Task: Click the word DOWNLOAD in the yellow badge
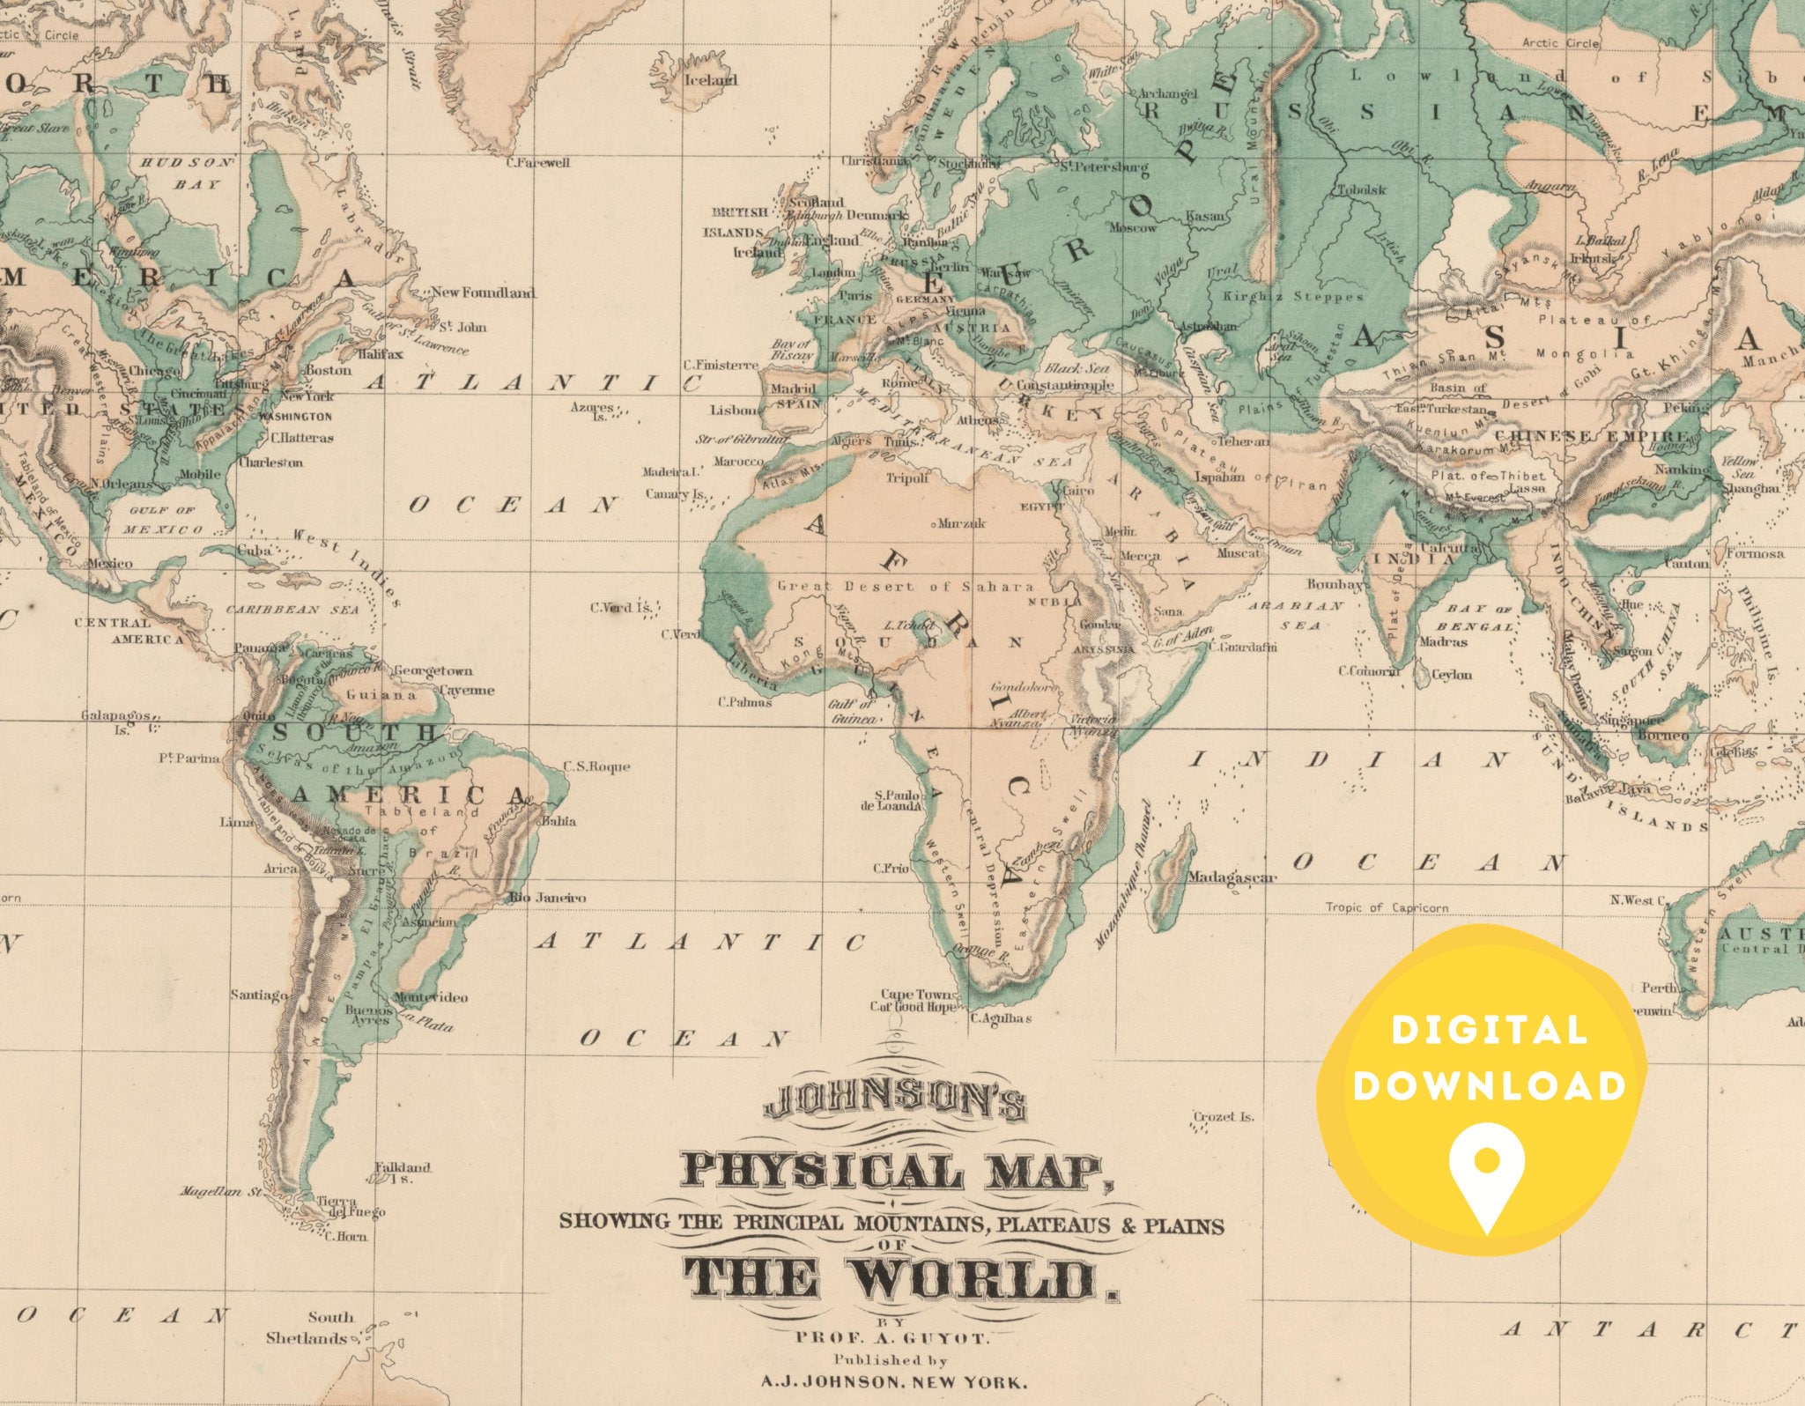(1489, 1085)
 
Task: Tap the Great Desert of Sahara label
(905, 587)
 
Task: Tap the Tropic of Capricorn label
(1387, 907)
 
